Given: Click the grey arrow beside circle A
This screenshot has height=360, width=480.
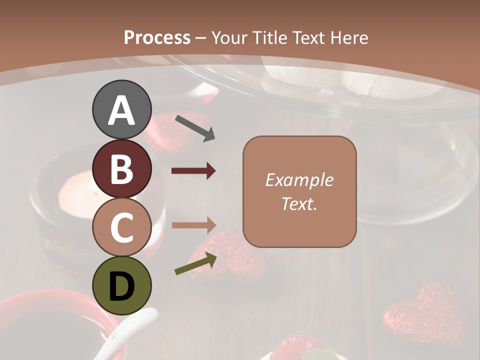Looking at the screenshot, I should coord(195,127).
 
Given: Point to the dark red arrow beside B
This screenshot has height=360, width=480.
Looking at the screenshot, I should coord(193,171).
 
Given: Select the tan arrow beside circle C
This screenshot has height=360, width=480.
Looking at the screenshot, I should coord(193,225).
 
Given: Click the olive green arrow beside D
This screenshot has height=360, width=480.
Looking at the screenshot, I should coord(195,263).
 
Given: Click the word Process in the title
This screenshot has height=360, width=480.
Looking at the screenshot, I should coord(157,37).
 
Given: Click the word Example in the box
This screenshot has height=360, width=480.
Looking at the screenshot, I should coord(299,180).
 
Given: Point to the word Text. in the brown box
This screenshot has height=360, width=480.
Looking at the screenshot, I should coord(299,203).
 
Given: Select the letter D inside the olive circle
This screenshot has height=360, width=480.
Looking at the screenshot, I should coord(121,286).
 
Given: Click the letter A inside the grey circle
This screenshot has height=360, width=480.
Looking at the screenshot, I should coord(121,110).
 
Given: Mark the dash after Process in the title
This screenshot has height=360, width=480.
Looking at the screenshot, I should coord(200,38).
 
